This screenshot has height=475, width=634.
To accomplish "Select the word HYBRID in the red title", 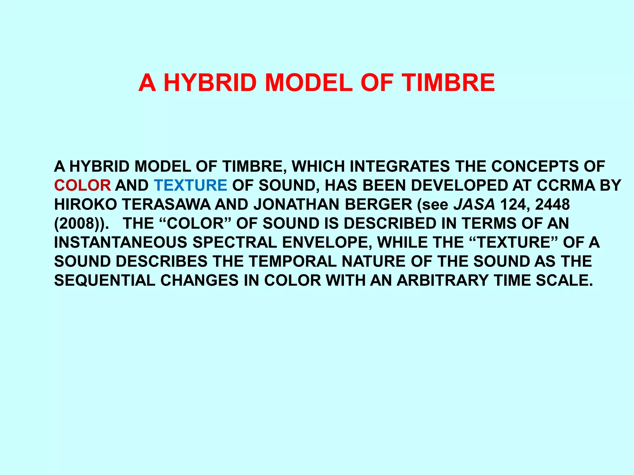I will tap(210, 83).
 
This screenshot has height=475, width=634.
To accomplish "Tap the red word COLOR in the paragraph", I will tap(82, 186).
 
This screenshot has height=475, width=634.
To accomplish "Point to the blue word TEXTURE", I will tap(191, 186).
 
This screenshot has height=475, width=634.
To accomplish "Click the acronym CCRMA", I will tap(566, 186).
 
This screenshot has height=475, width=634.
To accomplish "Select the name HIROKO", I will tap(85, 204).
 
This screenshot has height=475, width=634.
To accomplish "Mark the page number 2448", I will tap(553, 204).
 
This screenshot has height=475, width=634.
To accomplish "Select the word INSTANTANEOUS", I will tap(121, 242).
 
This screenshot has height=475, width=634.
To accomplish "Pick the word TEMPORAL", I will tap(293, 262).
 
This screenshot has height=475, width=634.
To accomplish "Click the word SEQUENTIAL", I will tap(105, 280).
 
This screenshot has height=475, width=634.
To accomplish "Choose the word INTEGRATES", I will tap(400, 167).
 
